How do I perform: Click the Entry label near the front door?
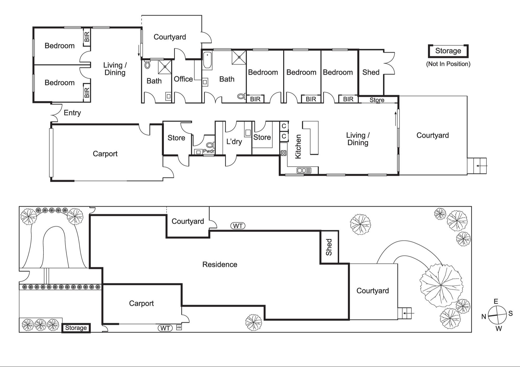(x=72, y=113)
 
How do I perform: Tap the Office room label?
(x=183, y=79)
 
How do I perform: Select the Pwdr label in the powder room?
(x=209, y=151)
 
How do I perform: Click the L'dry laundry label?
(x=234, y=142)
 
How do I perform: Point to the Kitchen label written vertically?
(x=298, y=146)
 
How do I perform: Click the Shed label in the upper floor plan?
(x=371, y=72)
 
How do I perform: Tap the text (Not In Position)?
(x=448, y=64)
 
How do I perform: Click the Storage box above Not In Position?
(x=448, y=51)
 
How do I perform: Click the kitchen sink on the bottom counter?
(x=304, y=170)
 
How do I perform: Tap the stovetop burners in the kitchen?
(x=283, y=153)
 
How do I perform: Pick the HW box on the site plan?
(x=179, y=328)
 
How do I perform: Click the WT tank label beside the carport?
(x=165, y=328)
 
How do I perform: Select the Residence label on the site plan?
(x=220, y=264)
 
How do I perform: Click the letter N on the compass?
(x=484, y=316)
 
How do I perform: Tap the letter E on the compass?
(x=496, y=301)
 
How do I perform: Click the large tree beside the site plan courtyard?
(x=441, y=285)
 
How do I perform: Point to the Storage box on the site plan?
(x=76, y=328)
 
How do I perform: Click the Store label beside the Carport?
(x=176, y=138)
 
